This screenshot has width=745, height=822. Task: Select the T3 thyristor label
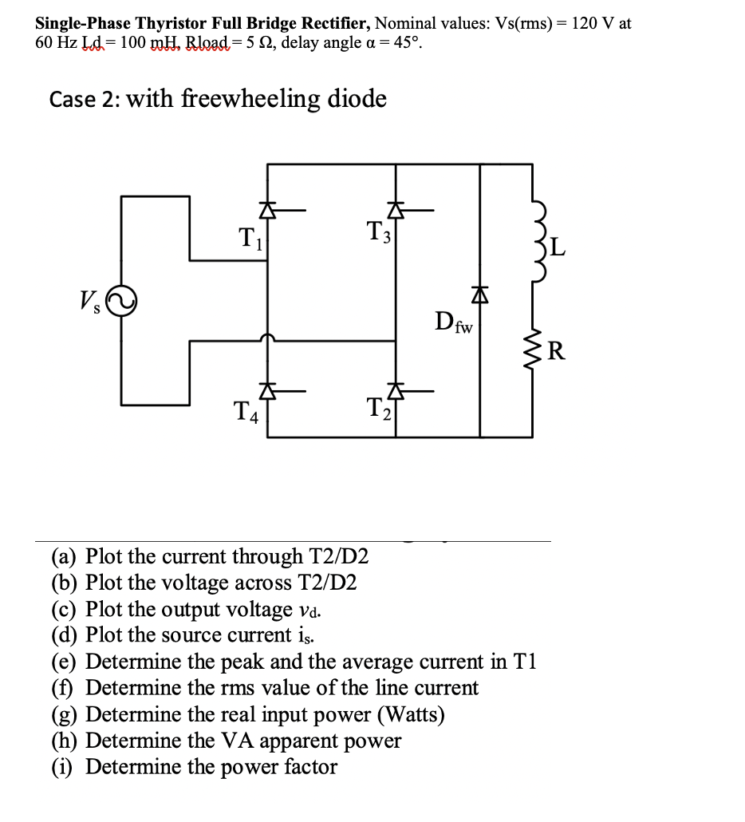point(379,232)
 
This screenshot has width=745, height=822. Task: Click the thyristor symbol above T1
point(267,210)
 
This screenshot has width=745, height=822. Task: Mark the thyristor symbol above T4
point(267,391)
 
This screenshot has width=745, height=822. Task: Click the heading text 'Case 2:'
point(84,100)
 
